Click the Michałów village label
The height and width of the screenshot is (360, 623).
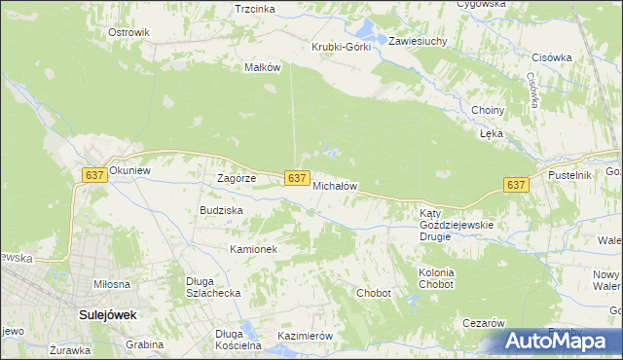(336, 185)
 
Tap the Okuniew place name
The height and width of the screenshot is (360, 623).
(130, 170)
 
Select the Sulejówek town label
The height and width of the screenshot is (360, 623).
(107, 315)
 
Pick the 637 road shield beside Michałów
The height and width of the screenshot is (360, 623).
(298, 178)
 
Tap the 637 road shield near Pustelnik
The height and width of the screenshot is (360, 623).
(516, 184)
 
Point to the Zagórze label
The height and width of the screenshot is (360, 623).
(237, 179)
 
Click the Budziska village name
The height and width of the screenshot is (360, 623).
(221, 210)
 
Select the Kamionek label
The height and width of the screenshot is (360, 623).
(254, 249)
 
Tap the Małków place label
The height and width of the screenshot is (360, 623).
(262, 67)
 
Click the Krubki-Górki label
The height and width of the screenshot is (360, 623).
(341, 47)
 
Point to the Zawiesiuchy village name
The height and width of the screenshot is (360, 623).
(418, 42)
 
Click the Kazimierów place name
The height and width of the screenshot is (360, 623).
(306, 336)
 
